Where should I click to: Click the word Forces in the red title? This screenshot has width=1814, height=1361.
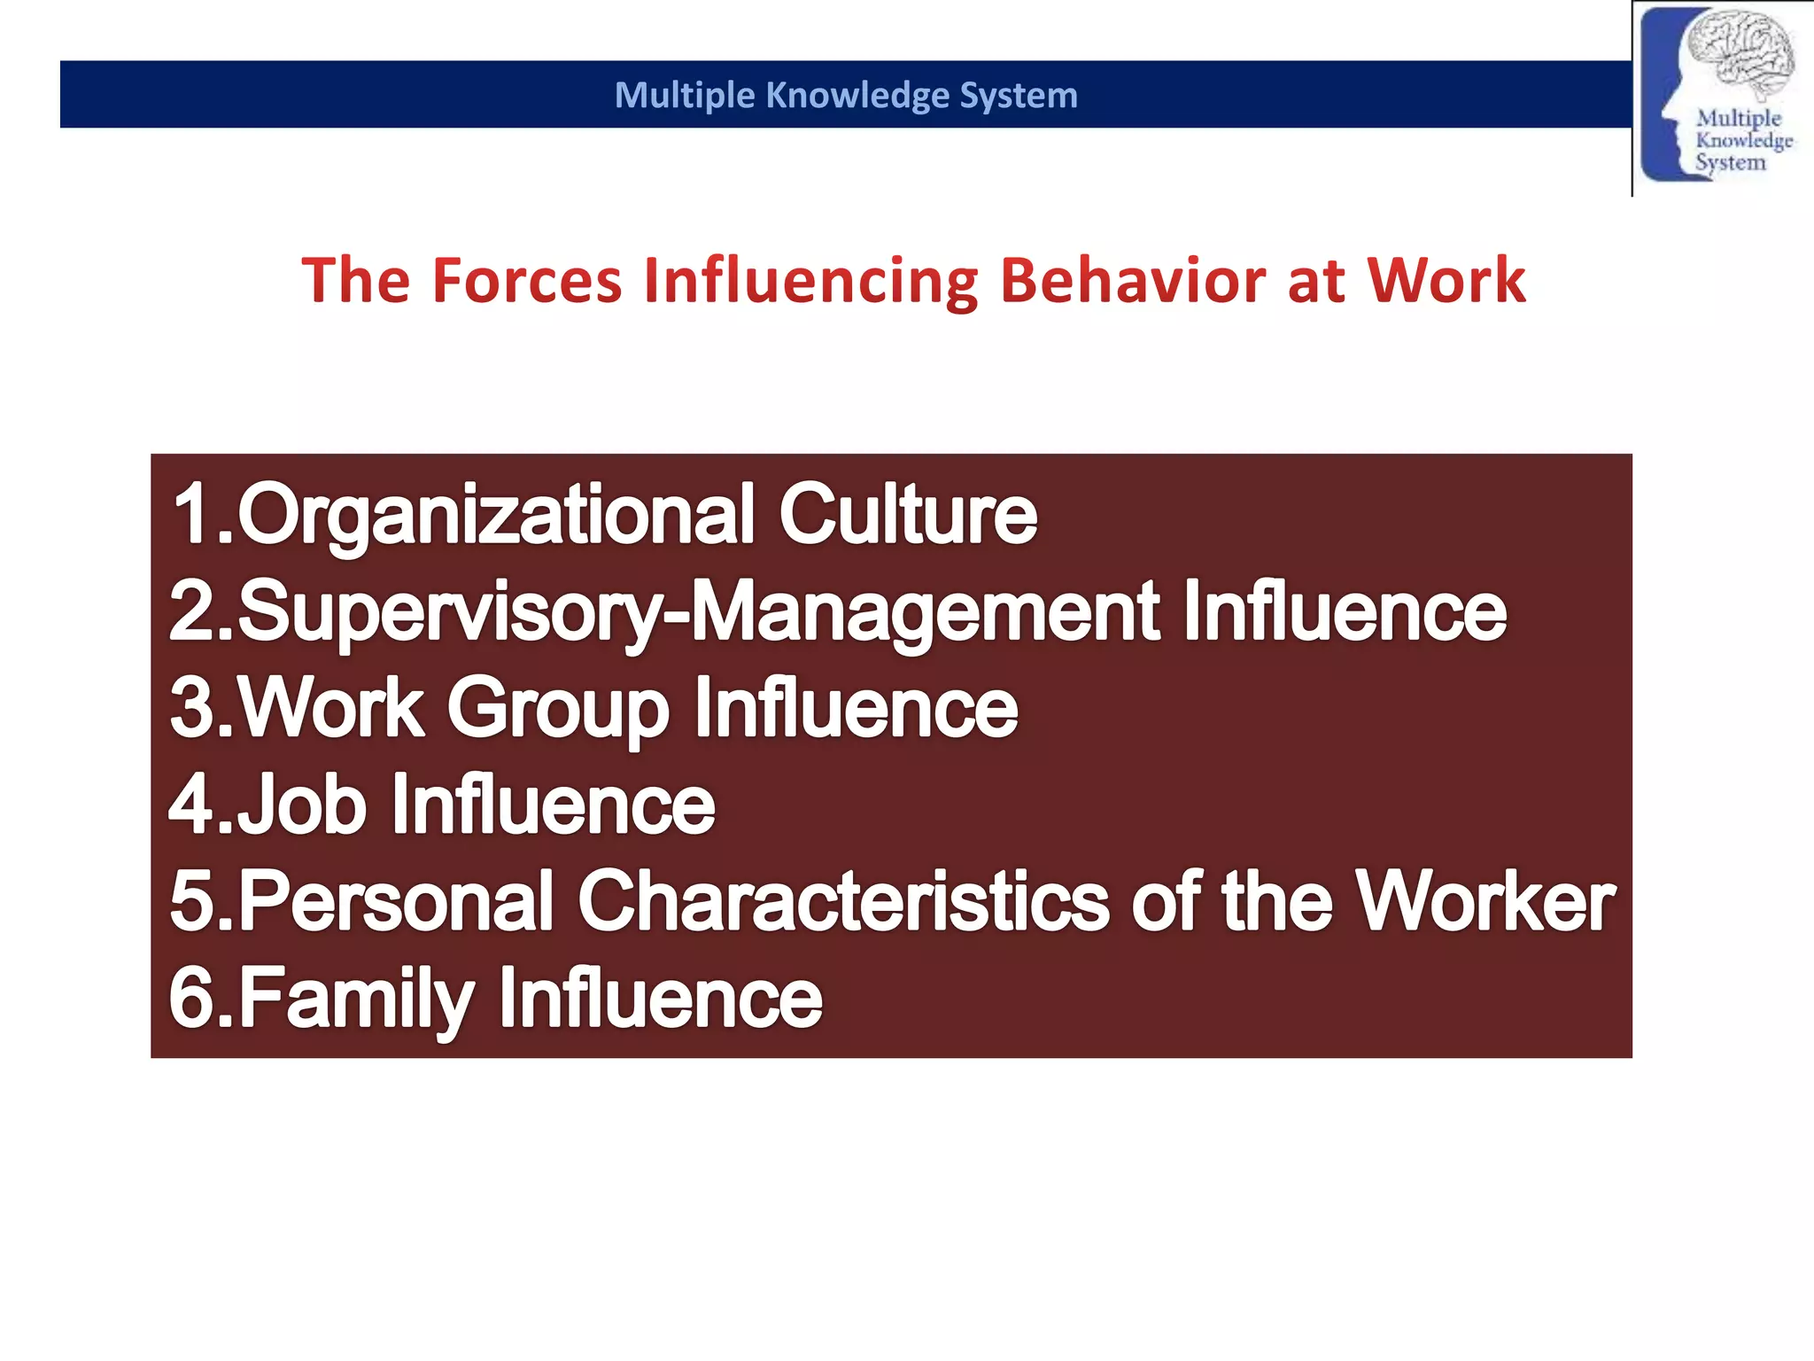tap(527, 281)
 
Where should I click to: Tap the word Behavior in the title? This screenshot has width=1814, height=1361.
tap(1133, 281)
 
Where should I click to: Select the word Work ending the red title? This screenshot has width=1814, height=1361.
tap(1446, 281)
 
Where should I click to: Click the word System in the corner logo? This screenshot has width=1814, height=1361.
tap(1730, 163)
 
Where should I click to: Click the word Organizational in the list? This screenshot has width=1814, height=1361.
tap(496, 516)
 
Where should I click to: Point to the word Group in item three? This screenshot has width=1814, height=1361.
tap(558, 709)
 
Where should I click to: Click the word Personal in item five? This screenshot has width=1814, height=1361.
tap(396, 902)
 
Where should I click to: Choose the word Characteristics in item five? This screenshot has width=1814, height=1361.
tap(843, 902)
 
